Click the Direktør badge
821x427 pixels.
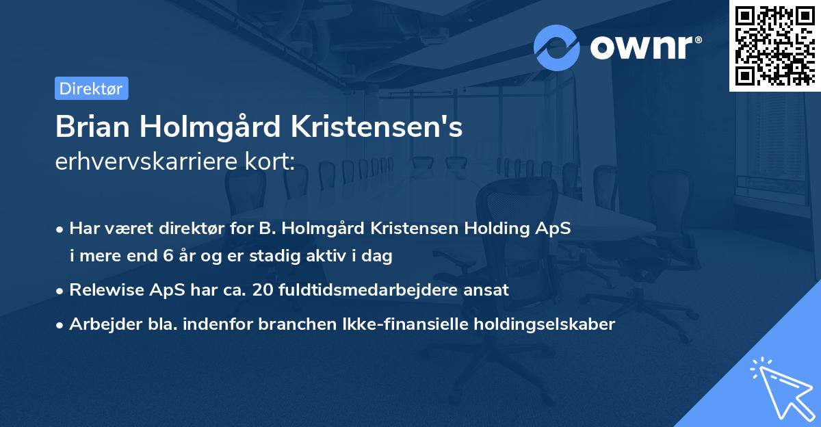coord(91,88)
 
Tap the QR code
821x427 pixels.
coord(775,45)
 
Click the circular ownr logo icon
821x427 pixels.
coord(557,47)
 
